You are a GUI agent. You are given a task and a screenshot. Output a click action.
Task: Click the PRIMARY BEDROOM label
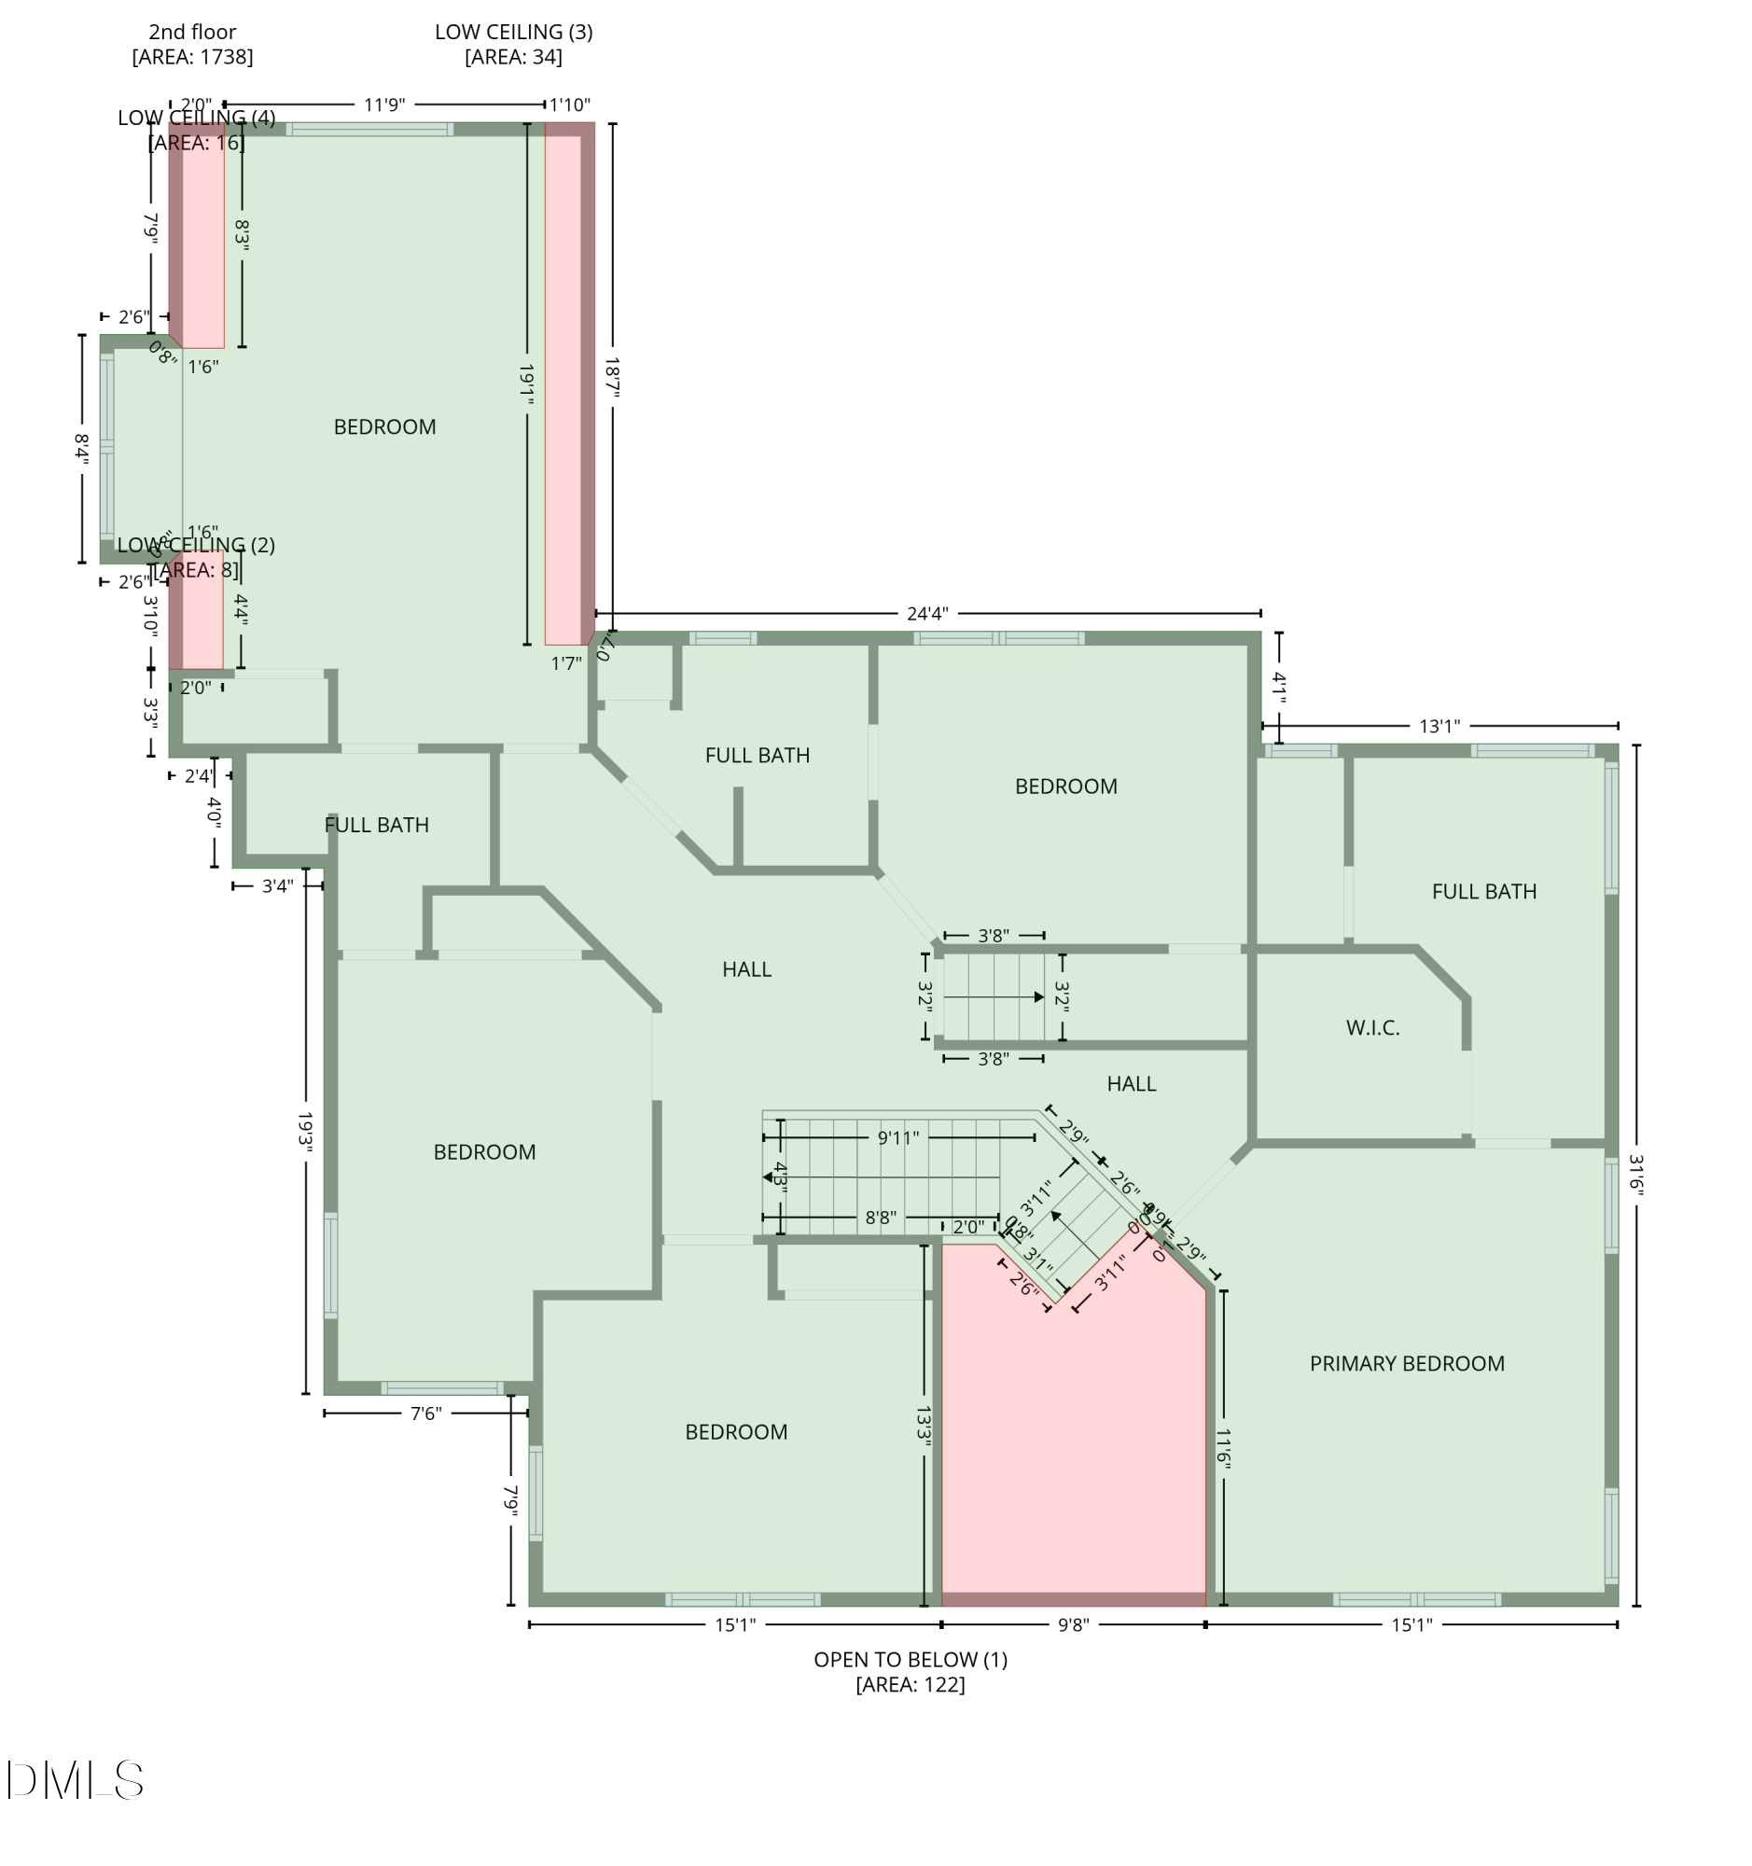tap(1406, 1363)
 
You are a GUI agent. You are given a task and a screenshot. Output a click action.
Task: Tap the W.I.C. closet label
tap(1372, 1028)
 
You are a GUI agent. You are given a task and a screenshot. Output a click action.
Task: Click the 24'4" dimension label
tap(926, 614)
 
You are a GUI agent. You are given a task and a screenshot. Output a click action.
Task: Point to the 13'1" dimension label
tap(1439, 726)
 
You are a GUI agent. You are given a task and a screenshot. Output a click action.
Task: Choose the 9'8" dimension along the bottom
tap(1073, 1624)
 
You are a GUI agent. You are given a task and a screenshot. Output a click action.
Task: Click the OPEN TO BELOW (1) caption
tap(911, 1660)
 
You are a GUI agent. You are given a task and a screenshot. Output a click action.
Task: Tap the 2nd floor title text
tap(192, 32)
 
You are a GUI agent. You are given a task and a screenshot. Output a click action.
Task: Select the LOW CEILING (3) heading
tap(513, 32)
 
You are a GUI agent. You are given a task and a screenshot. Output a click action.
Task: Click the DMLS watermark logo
tap(75, 1779)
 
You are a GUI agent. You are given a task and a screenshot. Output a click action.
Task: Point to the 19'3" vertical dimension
tap(306, 1131)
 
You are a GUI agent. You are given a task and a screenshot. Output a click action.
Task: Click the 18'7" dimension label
tap(613, 376)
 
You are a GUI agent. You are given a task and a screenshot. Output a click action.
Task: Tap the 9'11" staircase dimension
tap(897, 1138)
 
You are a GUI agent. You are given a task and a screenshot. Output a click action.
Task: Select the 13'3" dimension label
tap(924, 1425)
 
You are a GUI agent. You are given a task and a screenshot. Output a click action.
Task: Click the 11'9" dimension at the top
tap(383, 105)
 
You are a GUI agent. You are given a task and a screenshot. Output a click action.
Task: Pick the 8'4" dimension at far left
tap(83, 449)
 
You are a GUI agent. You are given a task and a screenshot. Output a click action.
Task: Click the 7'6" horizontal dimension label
tap(425, 1413)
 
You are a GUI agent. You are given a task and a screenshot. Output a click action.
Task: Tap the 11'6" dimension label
tap(1223, 1447)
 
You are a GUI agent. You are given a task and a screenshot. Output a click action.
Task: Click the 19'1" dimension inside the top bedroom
tap(526, 384)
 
